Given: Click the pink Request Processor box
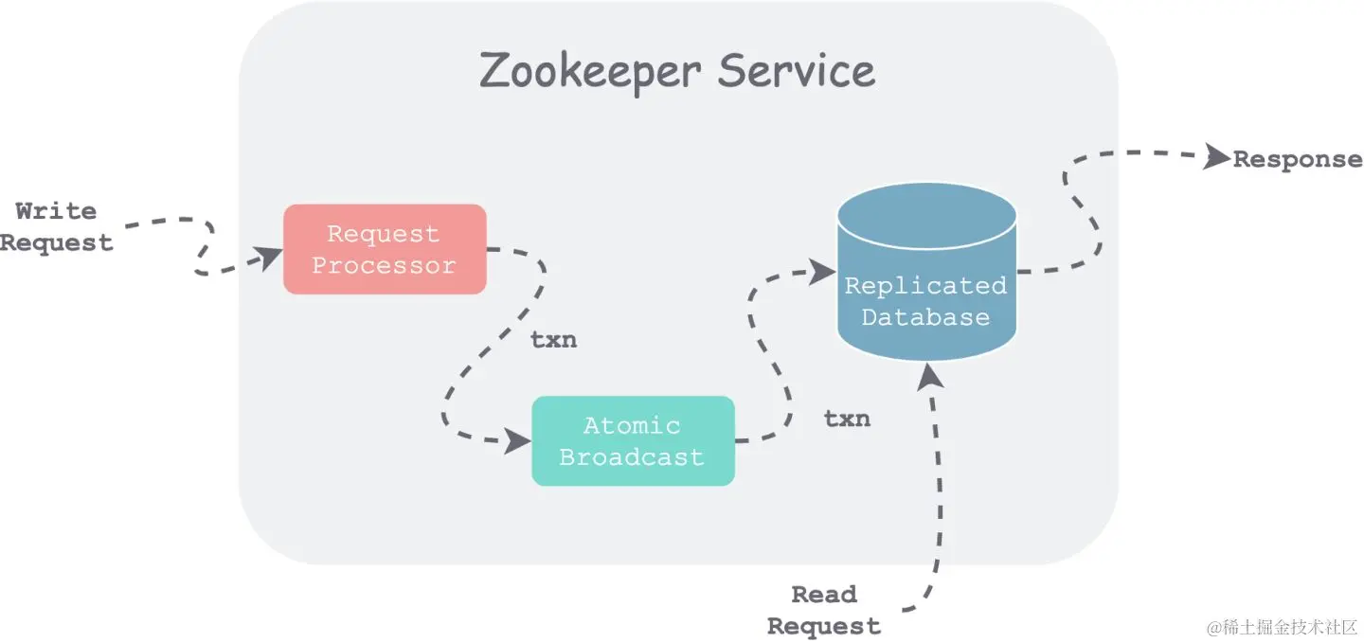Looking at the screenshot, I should pyautogui.click(x=385, y=249).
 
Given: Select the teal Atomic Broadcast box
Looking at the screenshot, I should pyautogui.click(x=633, y=441).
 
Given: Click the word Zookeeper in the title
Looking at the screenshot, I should pyautogui.click(x=590, y=72).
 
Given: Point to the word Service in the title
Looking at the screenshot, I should pyautogui.click(x=796, y=72).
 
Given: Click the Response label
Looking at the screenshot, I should pyautogui.click(x=1297, y=159).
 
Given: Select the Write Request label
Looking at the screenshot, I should pyautogui.click(x=57, y=227).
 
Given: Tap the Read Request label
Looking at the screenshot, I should pyautogui.click(x=823, y=611).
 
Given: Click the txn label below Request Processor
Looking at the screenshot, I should pyautogui.click(x=553, y=340).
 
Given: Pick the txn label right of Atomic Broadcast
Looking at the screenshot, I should pyautogui.click(x=847, y=419).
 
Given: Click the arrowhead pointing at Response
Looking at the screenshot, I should pyautogui.click(x=1216, y=157).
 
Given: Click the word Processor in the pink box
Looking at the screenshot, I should pyautogui.click(x=385, y=266).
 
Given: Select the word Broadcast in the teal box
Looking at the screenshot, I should pyautogui.click(x=632, y=457).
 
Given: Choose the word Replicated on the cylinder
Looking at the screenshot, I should pyautogui.click(x=925, y=285).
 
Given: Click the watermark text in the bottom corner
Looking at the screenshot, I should pyautogui.click(x=1283, y=627).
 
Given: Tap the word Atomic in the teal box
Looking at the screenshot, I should pyautogui.click(x=632, y=426).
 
